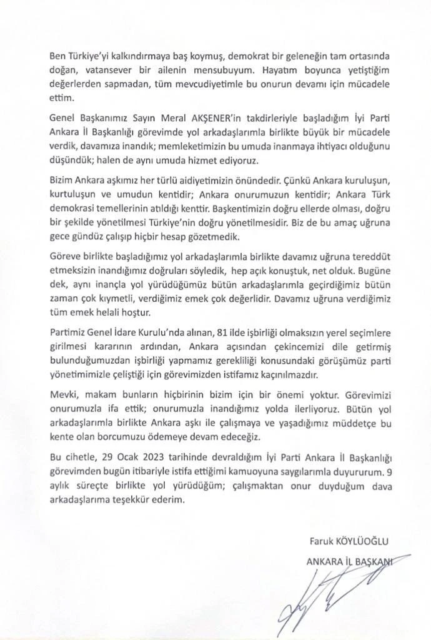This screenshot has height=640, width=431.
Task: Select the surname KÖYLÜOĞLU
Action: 366,541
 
